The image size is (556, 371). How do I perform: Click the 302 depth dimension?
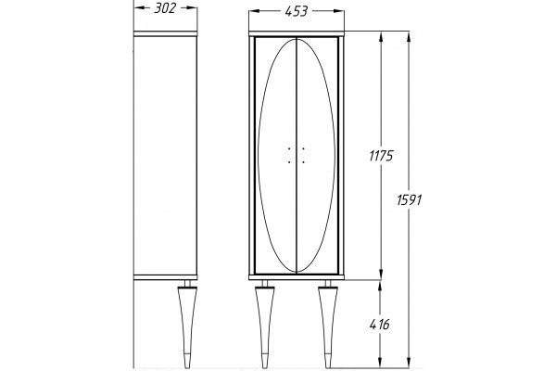point(165,8)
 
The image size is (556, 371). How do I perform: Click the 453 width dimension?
point(297,12)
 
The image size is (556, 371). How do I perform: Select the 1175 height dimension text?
point(381,156)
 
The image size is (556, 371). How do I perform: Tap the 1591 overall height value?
point(410,200)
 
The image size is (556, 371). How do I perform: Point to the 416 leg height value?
point(379,324)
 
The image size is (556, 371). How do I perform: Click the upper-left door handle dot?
point(289,148)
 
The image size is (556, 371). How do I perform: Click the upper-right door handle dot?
point(303,148)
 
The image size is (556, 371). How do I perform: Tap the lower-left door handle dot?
point(289,162)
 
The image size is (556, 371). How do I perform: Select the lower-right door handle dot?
point(303,162)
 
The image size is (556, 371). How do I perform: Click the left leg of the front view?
point(264,324)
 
